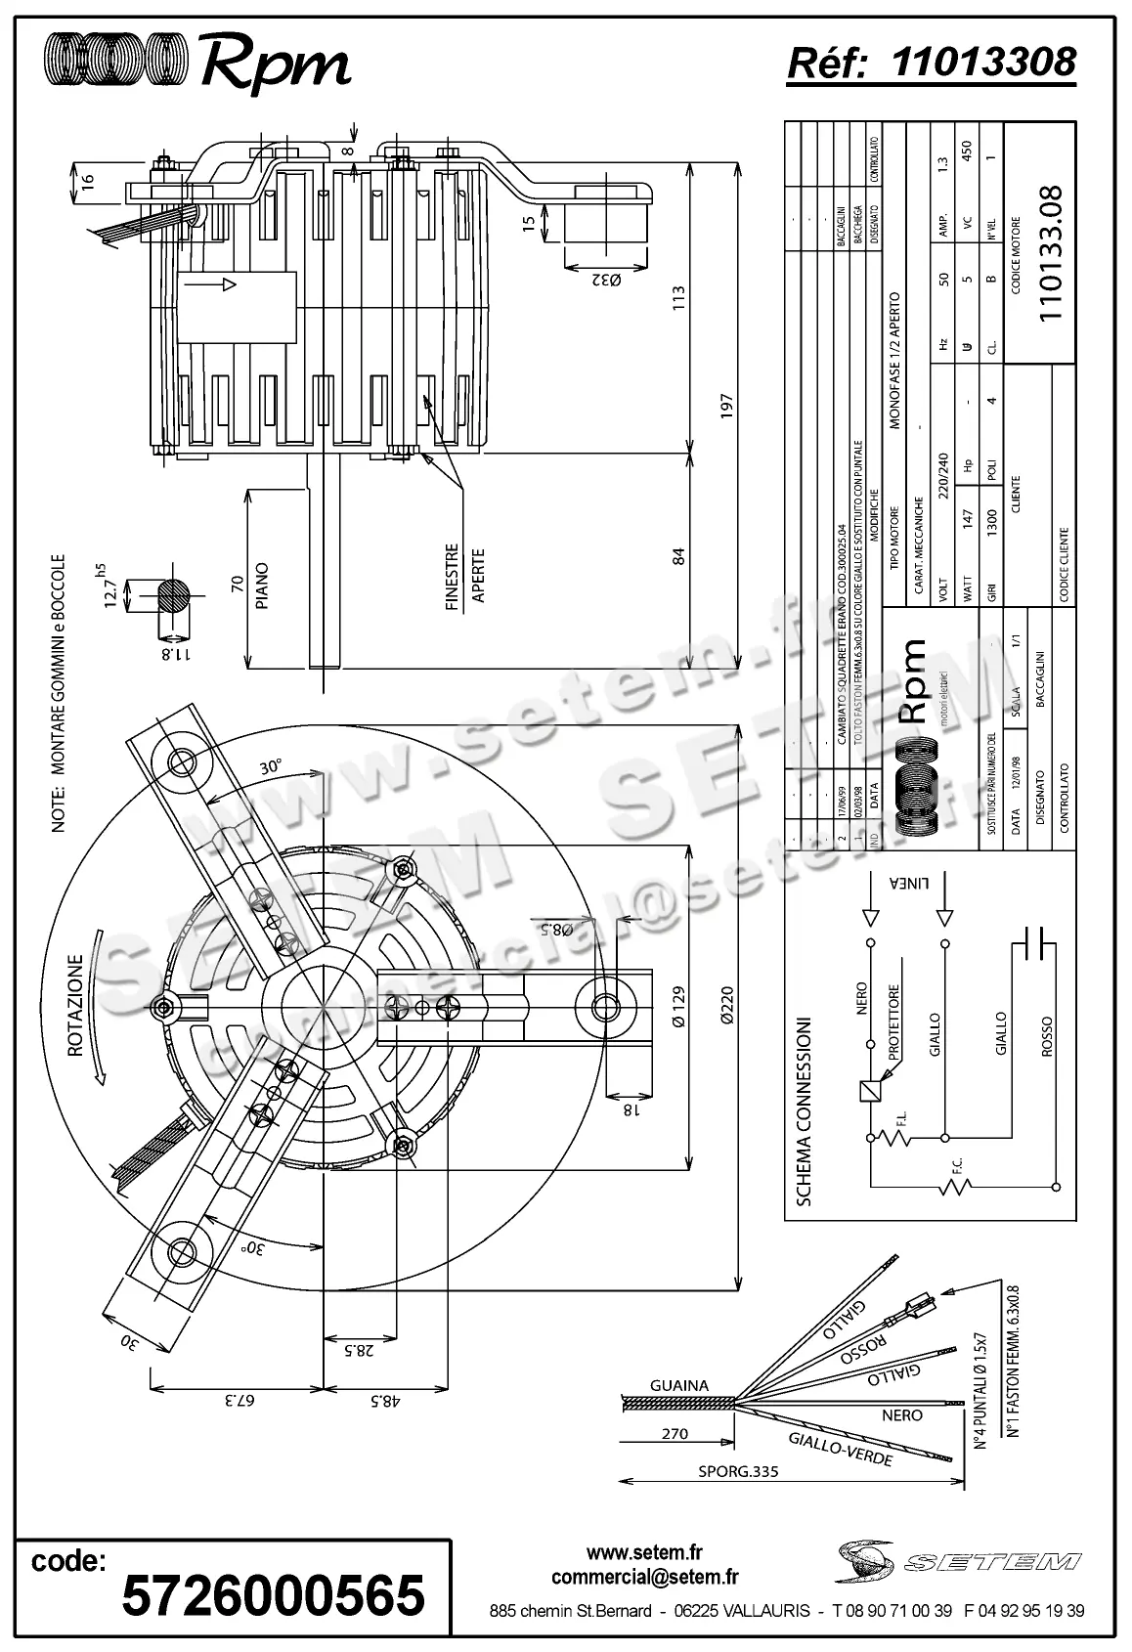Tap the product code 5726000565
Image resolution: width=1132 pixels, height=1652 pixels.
(x=273, y=1594)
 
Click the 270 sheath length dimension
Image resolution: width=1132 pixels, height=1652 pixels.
(x=675, y=1434)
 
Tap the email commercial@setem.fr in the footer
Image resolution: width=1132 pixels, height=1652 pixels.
(x=644, y=1577)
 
